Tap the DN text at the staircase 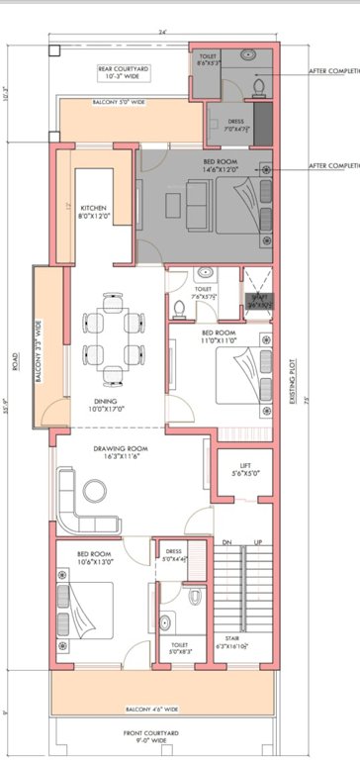click(225, 543)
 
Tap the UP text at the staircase click(258, 543)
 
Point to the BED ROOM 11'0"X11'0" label click(219, 335)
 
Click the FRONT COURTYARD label click(151, 734)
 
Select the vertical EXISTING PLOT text click(293, 371)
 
